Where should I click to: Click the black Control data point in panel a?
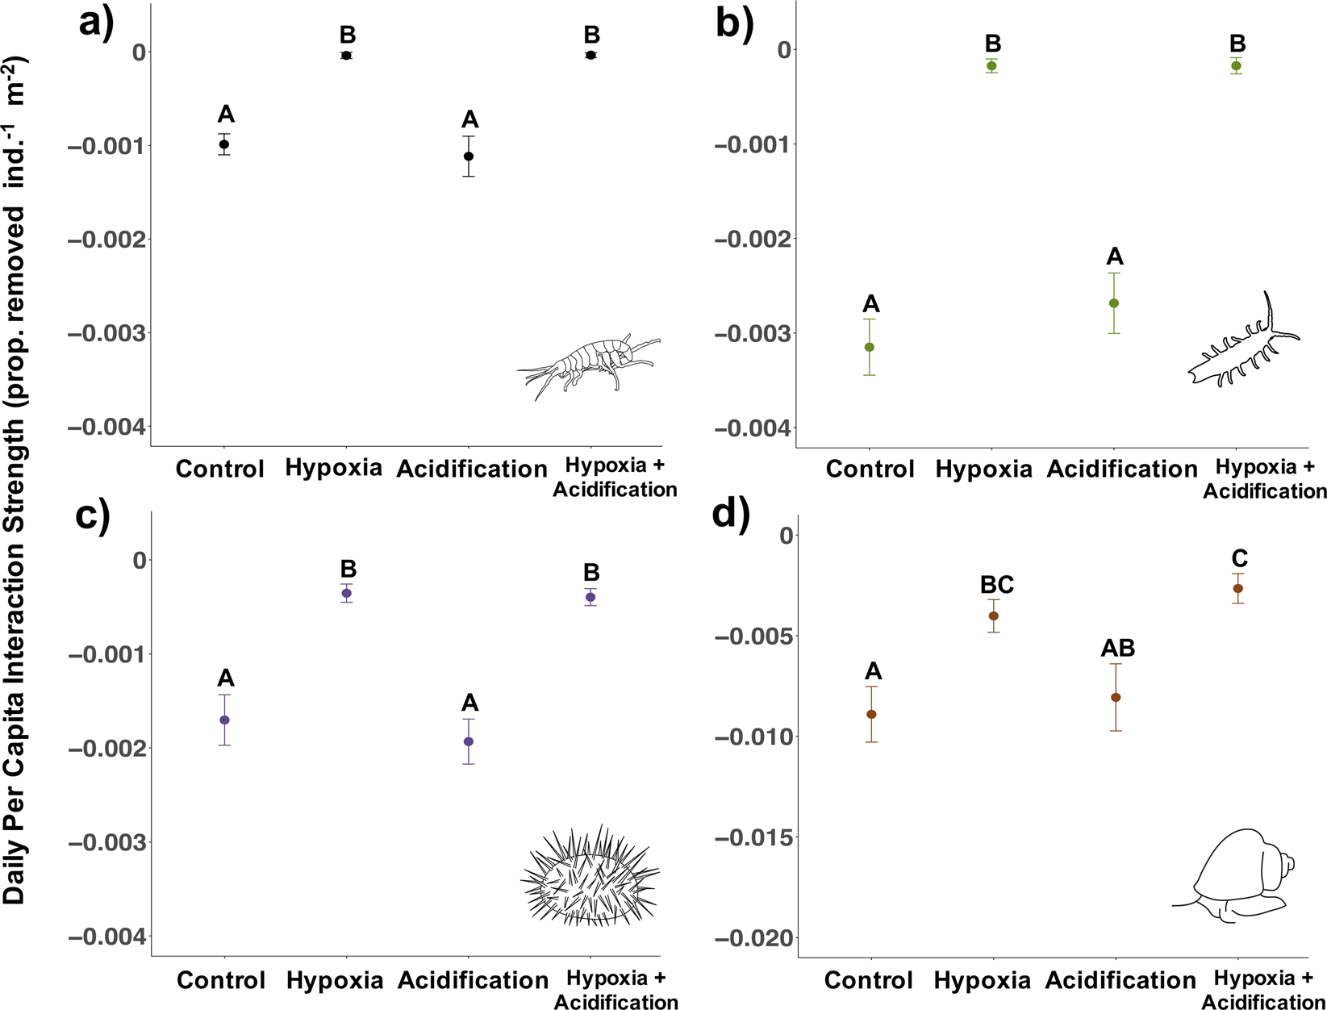225,144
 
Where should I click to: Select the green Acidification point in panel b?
1114,303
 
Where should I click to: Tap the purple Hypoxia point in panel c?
347,593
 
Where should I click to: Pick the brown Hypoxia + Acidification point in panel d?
1238,588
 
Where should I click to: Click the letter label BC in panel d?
997,585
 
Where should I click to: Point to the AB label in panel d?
1118,648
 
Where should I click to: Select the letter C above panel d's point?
1240,558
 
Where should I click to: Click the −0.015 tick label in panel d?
753,837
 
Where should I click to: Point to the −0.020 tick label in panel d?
753,938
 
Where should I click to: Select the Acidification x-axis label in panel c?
473,980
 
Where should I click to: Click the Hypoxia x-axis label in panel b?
983,470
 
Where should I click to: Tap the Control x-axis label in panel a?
220,469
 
